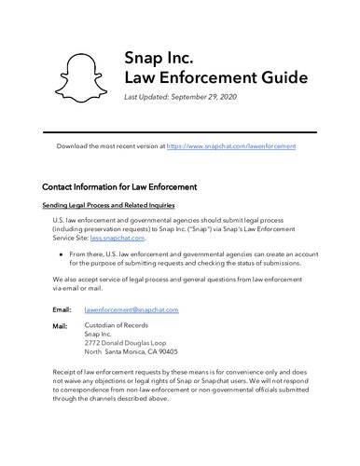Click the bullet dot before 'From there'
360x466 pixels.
click(61, 254)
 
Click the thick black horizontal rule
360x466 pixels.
click(180, 132)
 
